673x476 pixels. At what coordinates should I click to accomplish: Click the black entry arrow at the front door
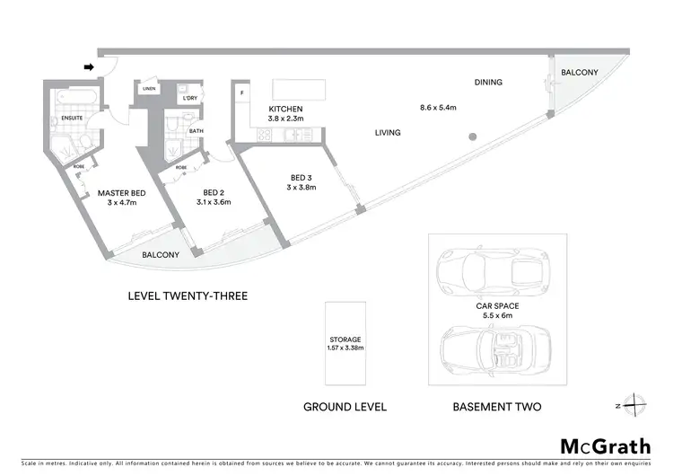pyautogui.click(x=88, y=66)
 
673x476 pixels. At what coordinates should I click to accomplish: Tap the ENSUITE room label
pyautogui.click(x=74, y=118)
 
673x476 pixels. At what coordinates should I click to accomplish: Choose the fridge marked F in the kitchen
pyautogui.click(x=241, y=93)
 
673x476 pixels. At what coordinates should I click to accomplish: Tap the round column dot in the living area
pyautogui.click(x=469, y=137)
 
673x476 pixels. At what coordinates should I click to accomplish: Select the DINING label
pyautogui.click(x=488, y=83)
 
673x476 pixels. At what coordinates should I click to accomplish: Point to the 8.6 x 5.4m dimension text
pyautogui.click(x=439, y=108)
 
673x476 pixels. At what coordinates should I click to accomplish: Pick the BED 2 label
pyautogui.click(x=213, y=193)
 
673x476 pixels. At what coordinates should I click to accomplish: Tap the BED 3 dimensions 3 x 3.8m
pyautogui.click(x=303, y=187)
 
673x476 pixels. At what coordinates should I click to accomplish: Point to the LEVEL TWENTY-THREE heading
pyautogui.click(x=188, y=295)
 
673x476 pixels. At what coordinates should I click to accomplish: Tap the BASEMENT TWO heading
pyautogui.click(x=498, y=407)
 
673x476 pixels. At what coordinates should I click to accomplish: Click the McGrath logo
pyautogui.click(x=606, y=446)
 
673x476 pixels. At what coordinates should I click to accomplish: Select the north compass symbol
pyautogui.click(x=633, y=405)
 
